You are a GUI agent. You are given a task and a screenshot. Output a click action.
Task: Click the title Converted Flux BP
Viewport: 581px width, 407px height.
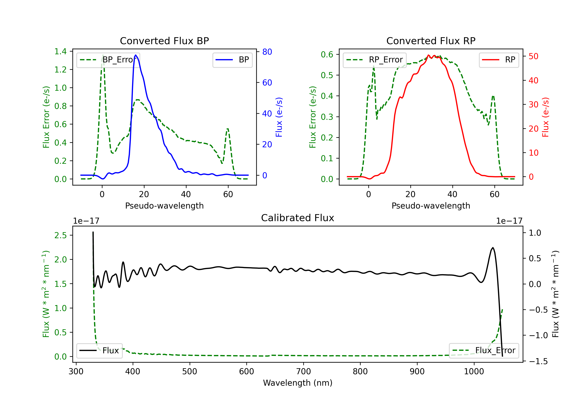(164, 41)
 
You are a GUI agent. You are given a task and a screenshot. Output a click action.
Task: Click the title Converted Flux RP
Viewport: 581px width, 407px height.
(431, 41)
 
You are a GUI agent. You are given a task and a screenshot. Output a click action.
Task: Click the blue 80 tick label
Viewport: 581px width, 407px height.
(267, 52)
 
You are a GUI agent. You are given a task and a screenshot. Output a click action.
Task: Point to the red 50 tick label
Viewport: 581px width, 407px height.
(533, 56)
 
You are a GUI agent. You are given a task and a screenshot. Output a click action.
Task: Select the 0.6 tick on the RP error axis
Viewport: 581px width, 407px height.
(327, 54)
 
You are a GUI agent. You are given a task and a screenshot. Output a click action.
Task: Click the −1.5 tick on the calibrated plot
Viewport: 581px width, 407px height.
(538, 361)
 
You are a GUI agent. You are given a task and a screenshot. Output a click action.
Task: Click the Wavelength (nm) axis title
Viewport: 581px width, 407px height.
(298, 383)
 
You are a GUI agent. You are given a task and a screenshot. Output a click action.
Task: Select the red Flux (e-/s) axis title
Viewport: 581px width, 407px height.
(545, 117)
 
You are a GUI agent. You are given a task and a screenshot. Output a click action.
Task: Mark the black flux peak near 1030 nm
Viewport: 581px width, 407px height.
(493, 248)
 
